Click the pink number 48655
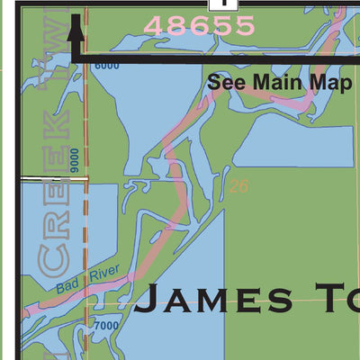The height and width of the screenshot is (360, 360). [x=199, y=26]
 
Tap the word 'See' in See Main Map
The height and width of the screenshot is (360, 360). [x=225, y=82]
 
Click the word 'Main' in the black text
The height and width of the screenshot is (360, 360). [x=273, y=82]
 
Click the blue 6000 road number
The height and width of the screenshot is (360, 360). [x=105, y=67]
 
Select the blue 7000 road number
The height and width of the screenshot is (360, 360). [x=105, y=325]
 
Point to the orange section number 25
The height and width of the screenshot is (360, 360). [x=238, y=186]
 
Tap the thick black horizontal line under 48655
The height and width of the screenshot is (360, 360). [x=216, y=60]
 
